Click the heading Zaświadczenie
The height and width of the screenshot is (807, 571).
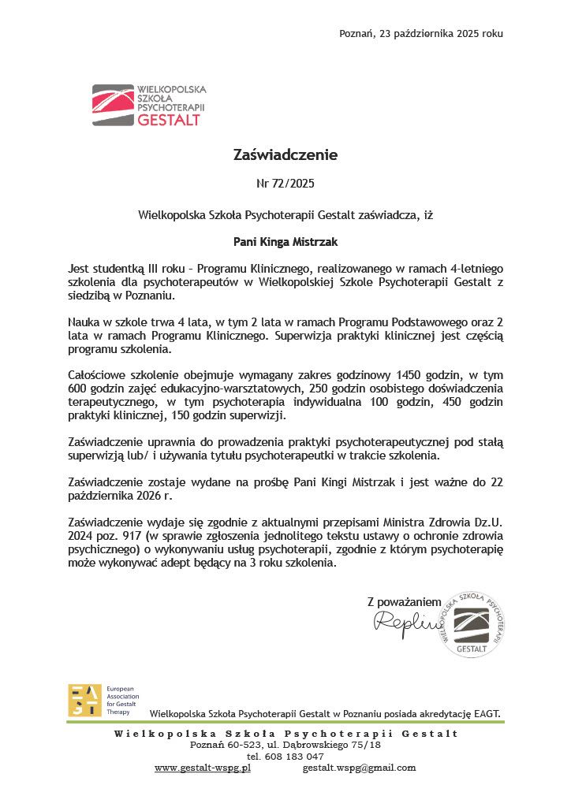285,155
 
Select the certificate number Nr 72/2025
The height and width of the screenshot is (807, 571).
285,184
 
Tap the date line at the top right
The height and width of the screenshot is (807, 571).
420,33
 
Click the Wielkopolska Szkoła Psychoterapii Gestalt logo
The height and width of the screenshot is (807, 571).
147,106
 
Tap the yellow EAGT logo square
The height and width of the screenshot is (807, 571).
84,701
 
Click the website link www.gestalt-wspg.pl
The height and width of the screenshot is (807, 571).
203,768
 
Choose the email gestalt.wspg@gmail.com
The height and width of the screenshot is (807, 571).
359,768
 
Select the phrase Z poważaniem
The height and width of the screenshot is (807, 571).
404,602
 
